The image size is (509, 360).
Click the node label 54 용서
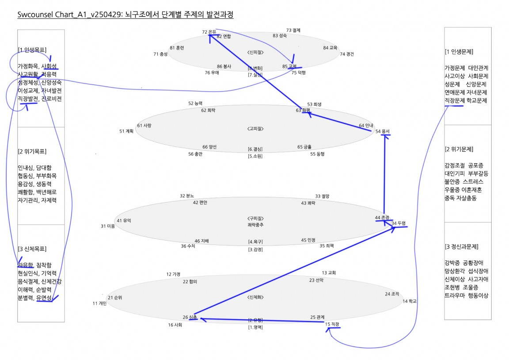click(x=382, y=131)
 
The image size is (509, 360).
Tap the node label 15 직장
click(x=332, y=324)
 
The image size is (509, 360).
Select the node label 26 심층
click(x=190, y=317)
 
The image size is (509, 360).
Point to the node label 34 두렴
click(x=398, y=223)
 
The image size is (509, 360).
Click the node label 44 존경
click(x=382, y=218)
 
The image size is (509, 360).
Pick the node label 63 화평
click(x=303, y=110)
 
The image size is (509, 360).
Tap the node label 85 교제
click(x=289, y=66)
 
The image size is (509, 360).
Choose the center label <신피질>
click(x=255, y=52)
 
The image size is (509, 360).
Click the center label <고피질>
click(x=255, y=129)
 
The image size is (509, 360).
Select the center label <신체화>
click(x=255, y=297)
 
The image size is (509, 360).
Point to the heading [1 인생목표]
click(x=32, y=50)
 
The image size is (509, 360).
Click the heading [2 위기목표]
click(x=32, y=151)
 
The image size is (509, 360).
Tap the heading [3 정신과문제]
click(x=462, y=247)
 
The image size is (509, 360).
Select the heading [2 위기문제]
click(x=459, y=149)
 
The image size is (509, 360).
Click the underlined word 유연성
click(x=44, y=298)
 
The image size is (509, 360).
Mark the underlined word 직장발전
click(x=28, y=99)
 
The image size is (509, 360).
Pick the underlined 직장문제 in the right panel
click(x=455, y=101)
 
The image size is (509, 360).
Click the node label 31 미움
click(x=107, y=226)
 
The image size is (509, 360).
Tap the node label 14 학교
click(x=410, y=301)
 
